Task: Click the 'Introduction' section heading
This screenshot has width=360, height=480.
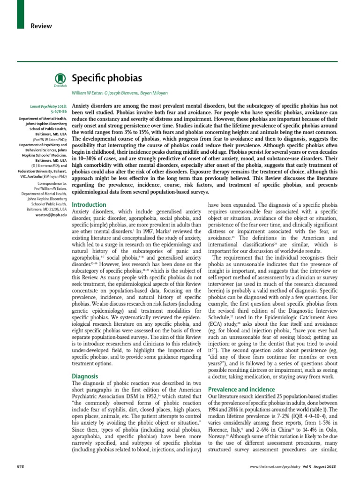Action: click(89, 205)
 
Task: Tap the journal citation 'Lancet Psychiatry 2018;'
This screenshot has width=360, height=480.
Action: click(49, 107)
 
